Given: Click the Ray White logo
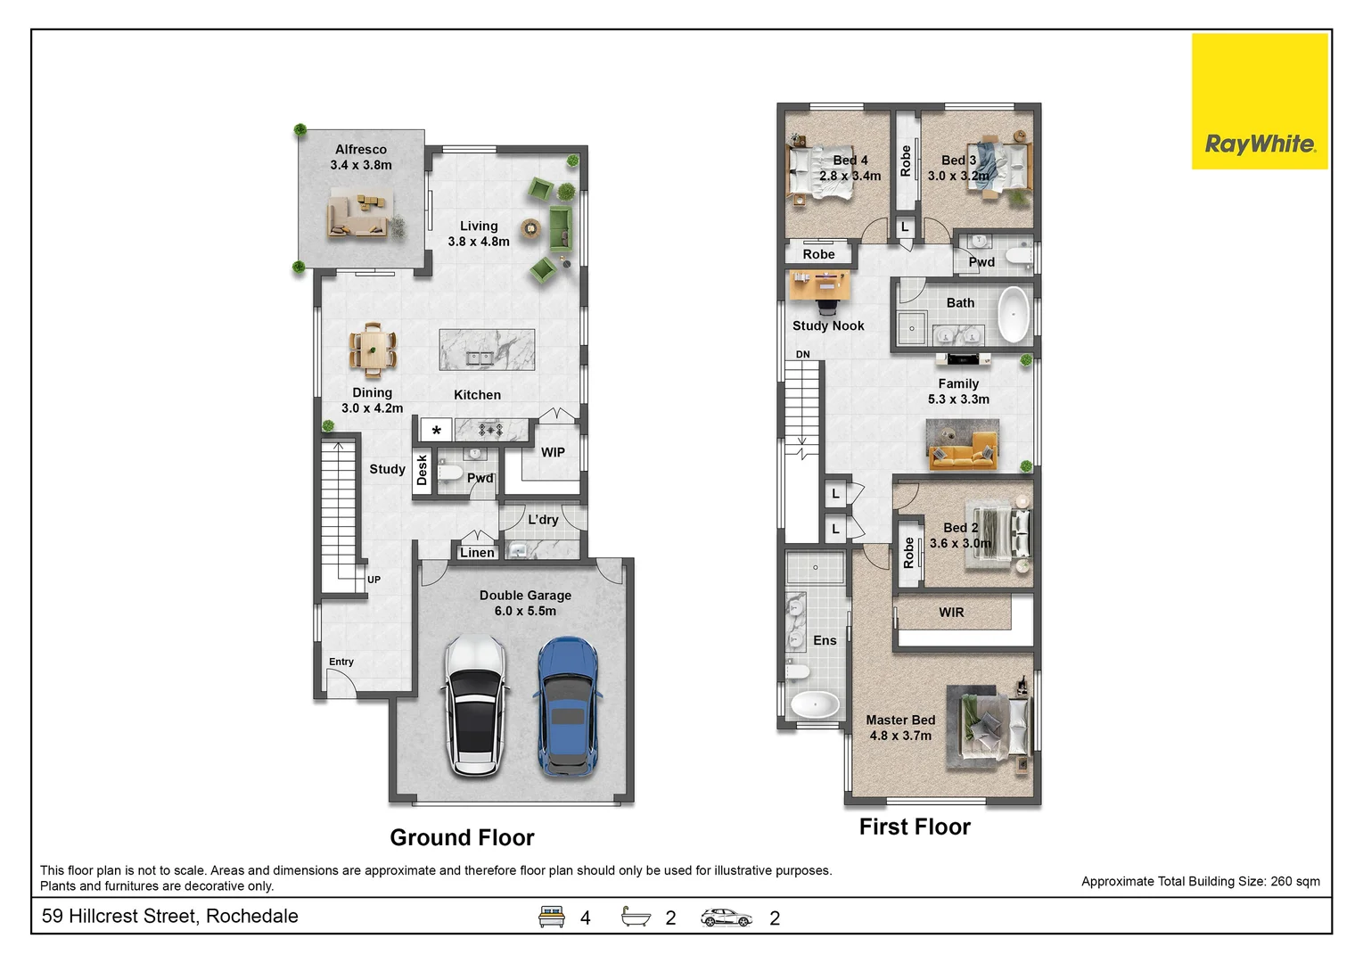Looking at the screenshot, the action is point(1260,101).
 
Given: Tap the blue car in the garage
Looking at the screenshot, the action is point(568,706).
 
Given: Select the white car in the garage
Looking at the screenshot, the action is point(475,706).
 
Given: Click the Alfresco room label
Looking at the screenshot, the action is point(361,149).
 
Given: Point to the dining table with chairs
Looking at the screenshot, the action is point(373,350).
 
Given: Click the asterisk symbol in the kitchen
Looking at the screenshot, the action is point(436,431).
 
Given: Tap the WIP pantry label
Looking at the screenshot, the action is point(553,452).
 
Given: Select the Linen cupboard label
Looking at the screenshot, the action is point(477,553).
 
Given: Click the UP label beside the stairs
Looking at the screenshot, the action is point(374,580).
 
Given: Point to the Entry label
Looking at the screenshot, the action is point(341,662).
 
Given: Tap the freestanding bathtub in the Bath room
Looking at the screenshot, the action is point(1014,315).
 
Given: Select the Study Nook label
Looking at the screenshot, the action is point(828,325).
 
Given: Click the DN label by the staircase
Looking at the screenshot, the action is point(802,354).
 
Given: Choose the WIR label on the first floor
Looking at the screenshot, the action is point(951,613).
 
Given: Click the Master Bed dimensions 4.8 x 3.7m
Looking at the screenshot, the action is point(900,736).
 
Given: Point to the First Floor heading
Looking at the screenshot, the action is point(915,827).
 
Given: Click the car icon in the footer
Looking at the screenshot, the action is point(726,918).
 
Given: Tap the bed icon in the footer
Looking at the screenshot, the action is point(551,917).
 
